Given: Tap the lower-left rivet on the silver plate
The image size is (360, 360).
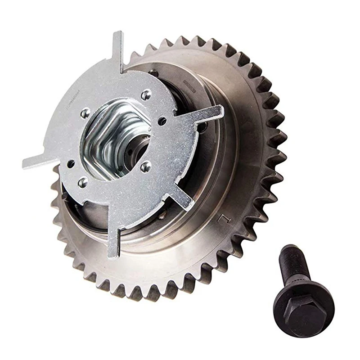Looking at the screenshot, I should pos(83,182).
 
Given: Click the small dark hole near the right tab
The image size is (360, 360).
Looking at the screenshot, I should pos(162,121).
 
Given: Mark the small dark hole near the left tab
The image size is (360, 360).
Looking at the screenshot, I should pos(70,164).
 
